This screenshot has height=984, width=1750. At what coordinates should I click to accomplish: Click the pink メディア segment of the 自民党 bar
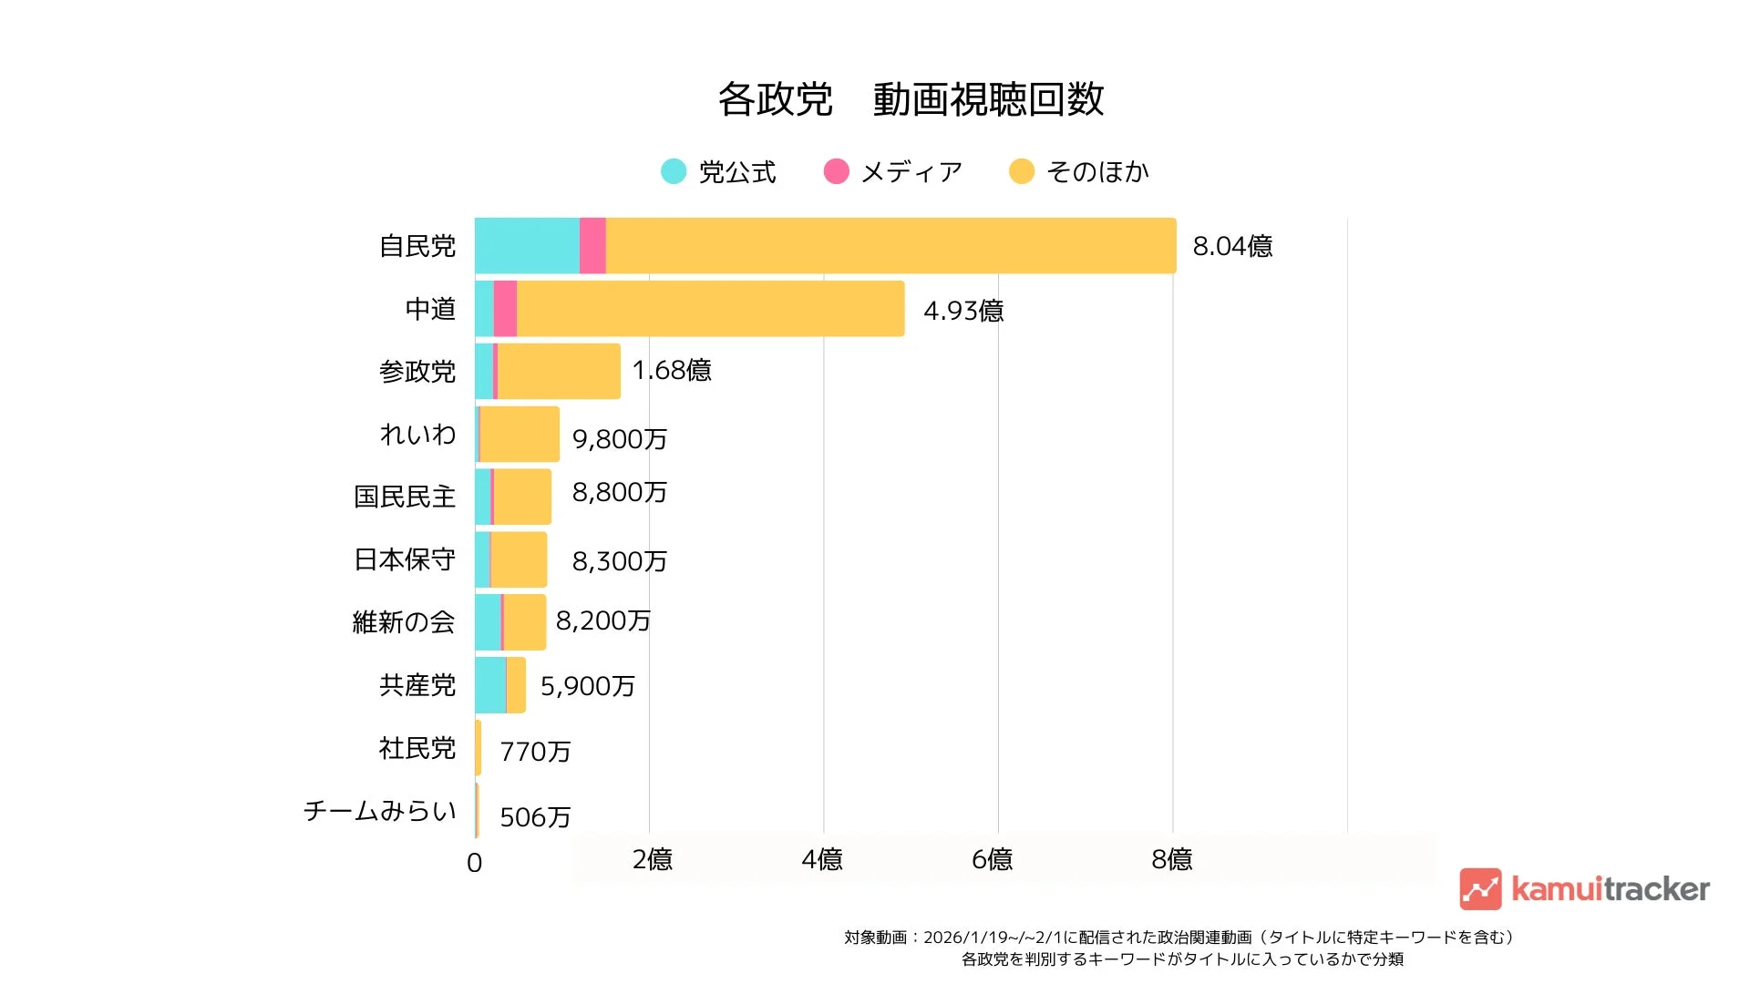click(x=592, y=246)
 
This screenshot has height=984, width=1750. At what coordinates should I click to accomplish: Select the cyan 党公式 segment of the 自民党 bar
click(x=527, y=246)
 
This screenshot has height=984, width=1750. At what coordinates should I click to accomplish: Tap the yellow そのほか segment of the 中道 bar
click(x=711, y=309)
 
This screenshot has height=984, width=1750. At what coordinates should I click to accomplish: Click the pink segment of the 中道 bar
click(x=505, y=309)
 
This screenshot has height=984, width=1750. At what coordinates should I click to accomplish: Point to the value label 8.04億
click(x=1232, y=247)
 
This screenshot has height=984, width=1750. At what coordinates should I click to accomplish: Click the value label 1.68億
click(x=672, y=370)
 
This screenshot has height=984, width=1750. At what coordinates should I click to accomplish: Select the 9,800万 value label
click(x=620, y=439)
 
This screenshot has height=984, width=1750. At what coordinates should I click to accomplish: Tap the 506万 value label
click(x=535, y=817)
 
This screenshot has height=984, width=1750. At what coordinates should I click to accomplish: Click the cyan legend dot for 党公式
click(x=674, y=171)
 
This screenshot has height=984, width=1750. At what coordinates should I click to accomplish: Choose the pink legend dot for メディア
click(x=836, y=171)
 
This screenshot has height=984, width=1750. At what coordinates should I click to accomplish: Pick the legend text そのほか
click(x=1097, y=171)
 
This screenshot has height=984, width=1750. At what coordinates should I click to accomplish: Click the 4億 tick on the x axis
click(x=822, y=859)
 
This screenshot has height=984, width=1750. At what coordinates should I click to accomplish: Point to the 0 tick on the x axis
click(x=474, y=863)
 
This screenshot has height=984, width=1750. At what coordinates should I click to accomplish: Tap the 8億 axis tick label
click(x=1172, y=859)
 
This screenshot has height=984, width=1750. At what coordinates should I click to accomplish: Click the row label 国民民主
click(x=405, y=497)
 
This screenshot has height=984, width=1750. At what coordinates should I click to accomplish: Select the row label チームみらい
click(x=380, y=811)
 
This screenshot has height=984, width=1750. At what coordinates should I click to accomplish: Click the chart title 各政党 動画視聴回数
click(x=911, y=99)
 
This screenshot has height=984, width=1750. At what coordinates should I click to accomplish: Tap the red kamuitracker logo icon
click(x=1480, y=889)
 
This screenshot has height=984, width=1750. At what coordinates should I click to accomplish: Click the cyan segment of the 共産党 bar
click(x=490, y=685)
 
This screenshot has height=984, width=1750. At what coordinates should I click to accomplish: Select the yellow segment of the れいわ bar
click(x=520, y=435)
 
